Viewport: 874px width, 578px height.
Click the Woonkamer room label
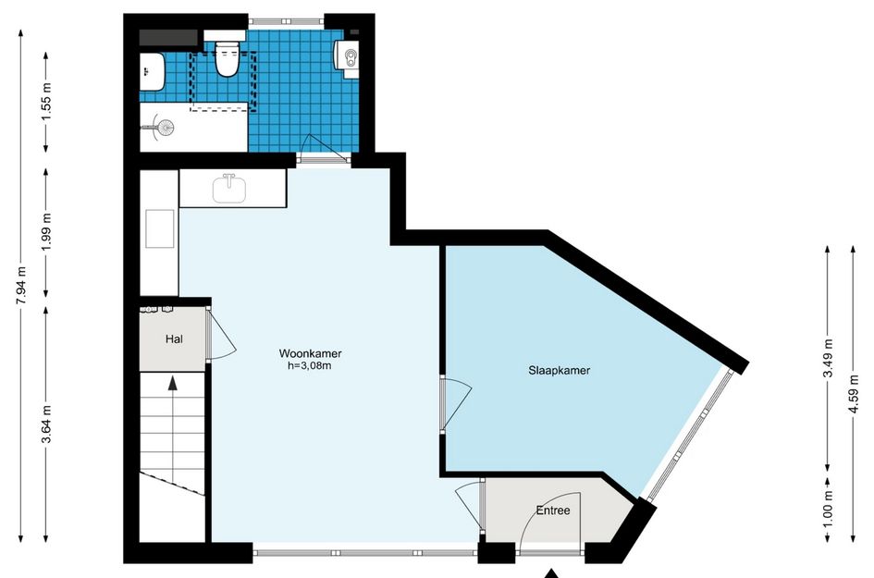pos(310,353)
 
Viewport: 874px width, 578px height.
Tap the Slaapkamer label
pos(559,370)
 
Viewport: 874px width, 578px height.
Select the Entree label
pos(553,510)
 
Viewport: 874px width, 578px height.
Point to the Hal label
pos(174,338)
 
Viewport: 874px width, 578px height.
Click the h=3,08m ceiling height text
pos(309,365)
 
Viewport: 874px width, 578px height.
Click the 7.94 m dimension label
pos(21,286)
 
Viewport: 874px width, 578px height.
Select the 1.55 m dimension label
pos(47,102)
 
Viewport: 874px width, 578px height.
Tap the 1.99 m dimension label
pos(47,231)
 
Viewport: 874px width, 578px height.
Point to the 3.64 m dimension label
pos(47,424)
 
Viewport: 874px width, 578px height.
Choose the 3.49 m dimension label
pos(828,359)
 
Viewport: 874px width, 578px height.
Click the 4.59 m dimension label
pos(854,394)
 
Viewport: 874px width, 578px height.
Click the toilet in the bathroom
pos(227,58)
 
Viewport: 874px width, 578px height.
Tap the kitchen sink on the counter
pos(229,189)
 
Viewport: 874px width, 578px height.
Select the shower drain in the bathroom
pos(165,128)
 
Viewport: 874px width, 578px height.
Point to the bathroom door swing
pos(321,146)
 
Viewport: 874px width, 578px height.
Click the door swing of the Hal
pos(222,335)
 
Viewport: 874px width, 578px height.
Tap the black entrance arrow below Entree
pos(551,573)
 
